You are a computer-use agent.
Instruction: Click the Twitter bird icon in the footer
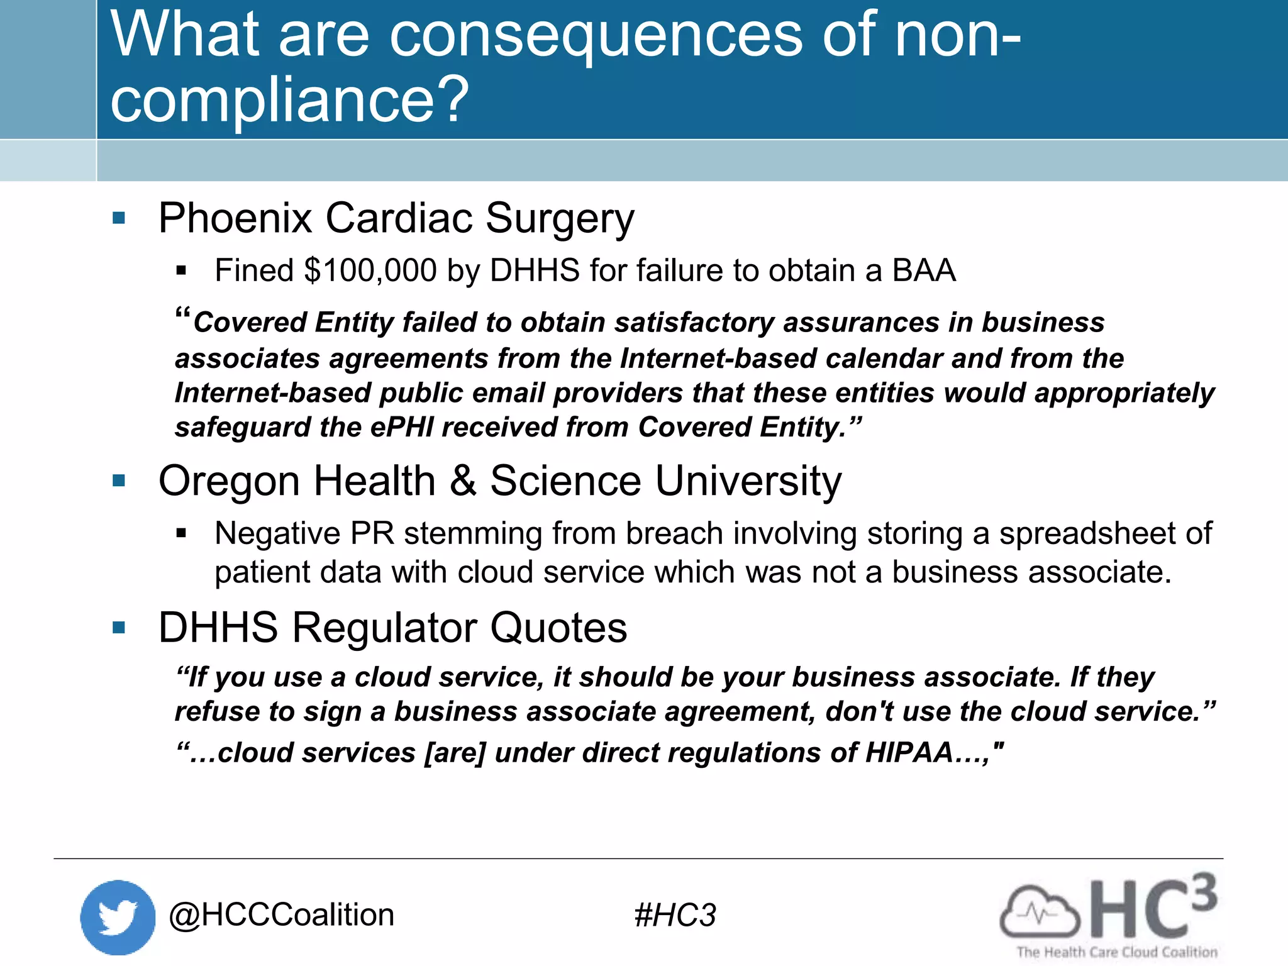(x=118, y=917)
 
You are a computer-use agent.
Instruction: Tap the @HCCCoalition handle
(x=281, y=915)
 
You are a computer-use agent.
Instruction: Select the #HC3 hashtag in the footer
(x=675, y=915)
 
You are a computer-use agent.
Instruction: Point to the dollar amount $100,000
(x=370, y=270)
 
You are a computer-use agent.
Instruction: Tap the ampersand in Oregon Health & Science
(x=463, y=481)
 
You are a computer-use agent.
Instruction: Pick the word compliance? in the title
(x=289, y=99)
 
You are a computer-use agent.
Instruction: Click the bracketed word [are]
(x=455, y=753)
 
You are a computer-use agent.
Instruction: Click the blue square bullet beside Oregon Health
(x=119, y=481)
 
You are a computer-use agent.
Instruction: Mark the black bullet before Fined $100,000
(x=182, y=271)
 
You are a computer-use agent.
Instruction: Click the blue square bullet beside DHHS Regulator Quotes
(x=119, y=628)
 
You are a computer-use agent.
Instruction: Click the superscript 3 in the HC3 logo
(x=1202, y=892)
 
